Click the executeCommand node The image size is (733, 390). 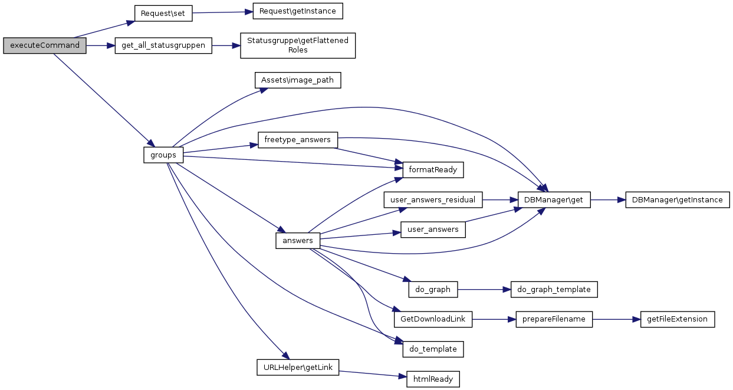pyautogui.click(x=45, y=45)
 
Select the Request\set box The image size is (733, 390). pyautogui.click(x=163, y=13)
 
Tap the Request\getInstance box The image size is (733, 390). pyautogui.click(x=297, y=11)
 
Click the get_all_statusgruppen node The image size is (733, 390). pyautogui.click(x=163, y=45)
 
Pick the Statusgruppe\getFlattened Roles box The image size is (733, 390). pyautogui.click(x=298, y=45)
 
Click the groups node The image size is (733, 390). pyautogui.click(x=163, y=155)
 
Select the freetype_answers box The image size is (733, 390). pyautogui.click(x=298, y=140)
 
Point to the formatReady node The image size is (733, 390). pyautogui.click(x=432, y=169)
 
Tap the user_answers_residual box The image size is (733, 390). pyautogui.click(x=433, y=199)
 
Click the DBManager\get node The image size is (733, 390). pyautogui.click(x=553, y=200)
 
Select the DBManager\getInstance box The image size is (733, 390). pyautogui.click(x=677, y=200)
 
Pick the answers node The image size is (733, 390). pyautogui.click(x=298, y=240)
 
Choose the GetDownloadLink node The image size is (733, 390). pyautogui.click(x=433, y=319)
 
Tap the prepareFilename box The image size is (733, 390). pyautogui.click(x=554, y=319)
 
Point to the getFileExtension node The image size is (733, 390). pyautogui.click(x=677, y=319)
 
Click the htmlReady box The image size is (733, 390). pyautogui.click(x=433, y=379)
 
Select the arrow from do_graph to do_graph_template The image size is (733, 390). pyautogui.click(x=480, y=289)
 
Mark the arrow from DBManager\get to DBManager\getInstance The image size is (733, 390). pyautogui.click(x=607, y=200)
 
